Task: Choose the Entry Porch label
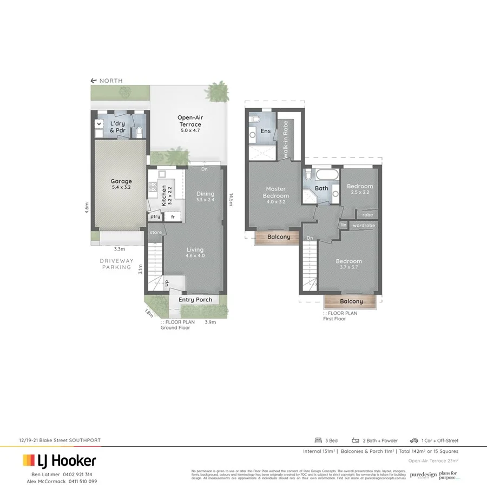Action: tap(195, 300)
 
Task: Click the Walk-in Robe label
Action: tap(285, 139)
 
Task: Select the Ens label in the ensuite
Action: tap(265, 131)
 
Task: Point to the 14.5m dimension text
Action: tap(231, 200)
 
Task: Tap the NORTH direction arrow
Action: tap(94, 81)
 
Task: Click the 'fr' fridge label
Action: tap(173, 217)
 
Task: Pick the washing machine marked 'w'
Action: tap(99, 124)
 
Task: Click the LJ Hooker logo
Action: tap(60, 461)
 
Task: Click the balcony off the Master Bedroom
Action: tap(277, 237)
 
